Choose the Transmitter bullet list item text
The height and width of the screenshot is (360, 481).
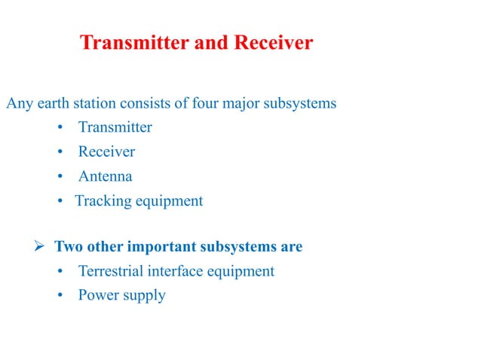coord(115,127)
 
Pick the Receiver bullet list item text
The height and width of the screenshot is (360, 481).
coord(106,152)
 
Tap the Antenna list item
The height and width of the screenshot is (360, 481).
coord(105,177)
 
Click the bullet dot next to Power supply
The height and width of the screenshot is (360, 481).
coord(61,295)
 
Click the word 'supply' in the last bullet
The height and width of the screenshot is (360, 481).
coord(142,296)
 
